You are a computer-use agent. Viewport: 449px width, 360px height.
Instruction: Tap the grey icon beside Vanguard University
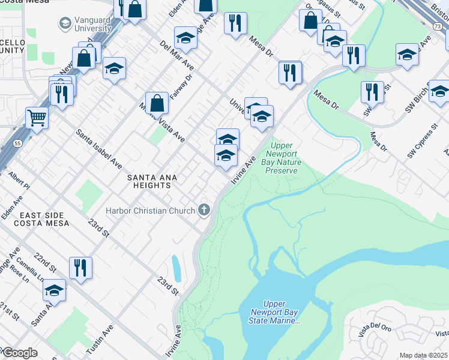click(64, 23)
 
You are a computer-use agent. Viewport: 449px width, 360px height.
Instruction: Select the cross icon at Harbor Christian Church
click(204, 210)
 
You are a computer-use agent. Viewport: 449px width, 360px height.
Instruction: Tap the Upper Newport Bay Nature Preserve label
click(282, 158)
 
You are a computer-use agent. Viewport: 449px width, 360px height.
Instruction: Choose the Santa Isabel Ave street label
click(99, 149)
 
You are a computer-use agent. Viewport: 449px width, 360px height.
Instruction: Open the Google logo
click(19, 353)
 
